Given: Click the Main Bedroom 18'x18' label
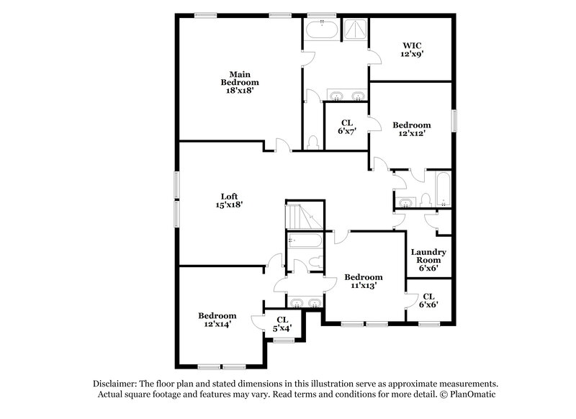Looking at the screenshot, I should (x=239, y=83).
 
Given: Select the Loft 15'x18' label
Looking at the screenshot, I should (x=230, y=200).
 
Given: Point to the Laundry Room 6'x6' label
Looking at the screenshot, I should (x=429, y=260).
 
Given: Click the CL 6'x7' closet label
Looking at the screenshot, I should (x=346, y=127).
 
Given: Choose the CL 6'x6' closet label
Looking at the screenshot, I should (x=428, y=300).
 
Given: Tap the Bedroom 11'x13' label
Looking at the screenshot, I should (x=363, y=281).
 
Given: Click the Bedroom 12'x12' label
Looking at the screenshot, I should (x=412, y=129).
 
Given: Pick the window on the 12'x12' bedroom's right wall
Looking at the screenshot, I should (x=454, y=120).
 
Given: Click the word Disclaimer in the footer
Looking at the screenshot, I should (x=117, y=384).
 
